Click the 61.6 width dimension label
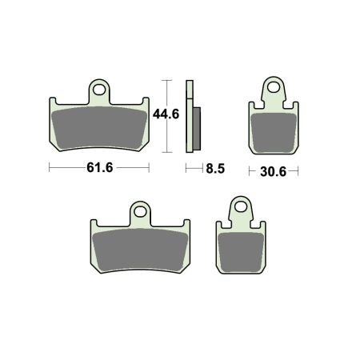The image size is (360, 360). point(100,168)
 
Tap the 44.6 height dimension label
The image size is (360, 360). point(166,114)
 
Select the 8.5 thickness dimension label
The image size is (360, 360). point(215,169)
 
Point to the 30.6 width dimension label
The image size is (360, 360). point(273,171)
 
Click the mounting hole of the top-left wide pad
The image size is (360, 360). point(99,90)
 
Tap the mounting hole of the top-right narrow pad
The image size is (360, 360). point(274,87)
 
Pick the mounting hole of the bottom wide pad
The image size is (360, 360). point(140,212)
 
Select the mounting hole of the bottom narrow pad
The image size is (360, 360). point(241,206)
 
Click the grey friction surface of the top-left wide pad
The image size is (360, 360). point(99,128)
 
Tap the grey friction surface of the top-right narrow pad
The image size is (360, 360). point(274,133)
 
